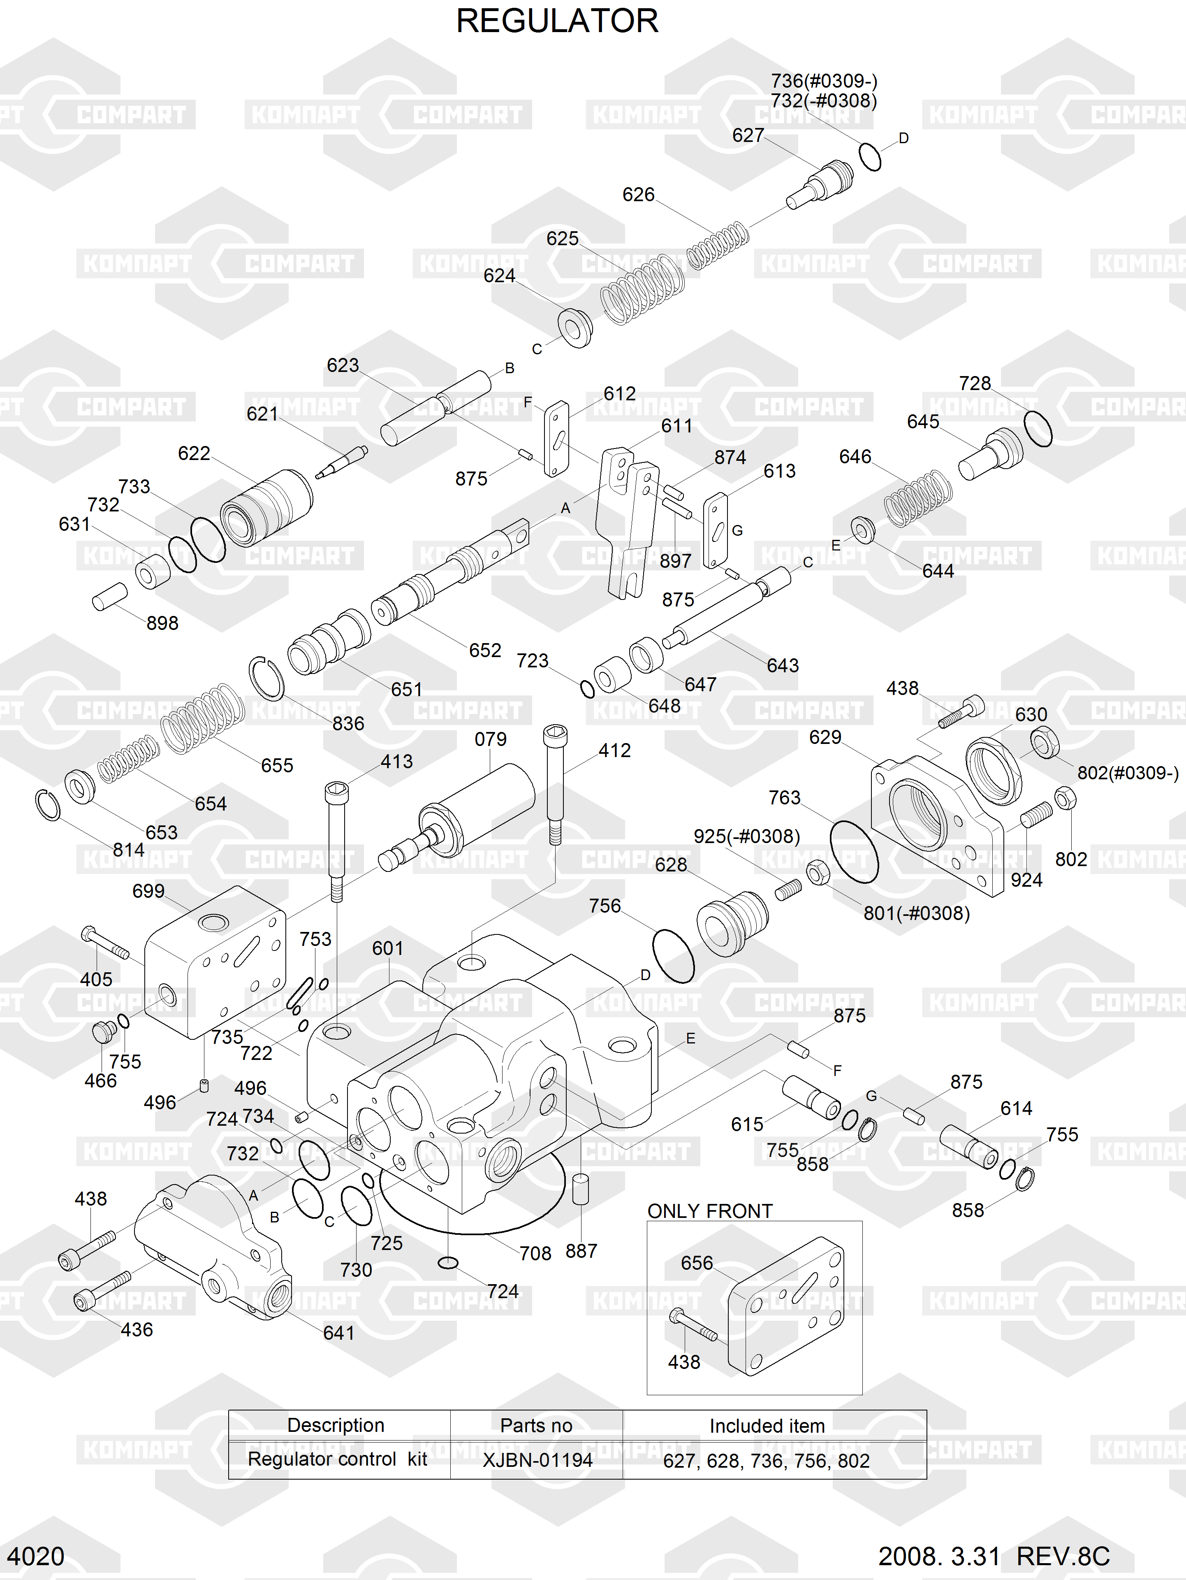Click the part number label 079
pyautogui.click(x=491, y=739)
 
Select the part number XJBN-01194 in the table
pyautogui.click(x=537, y=1460)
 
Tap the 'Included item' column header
pyautogui.click(x=767, y=1426)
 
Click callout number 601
pyautogui.click(x=388, y=948)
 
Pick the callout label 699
pyautogui.click(x=148, y=891)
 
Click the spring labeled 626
pyautogui.click(x=718, y=244)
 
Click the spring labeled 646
pyautogui.click(x=918, y=498)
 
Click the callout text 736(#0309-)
pyautogui.click(x=824, y=81)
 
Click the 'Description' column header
pyautogui.click(x=336, y=1425)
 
